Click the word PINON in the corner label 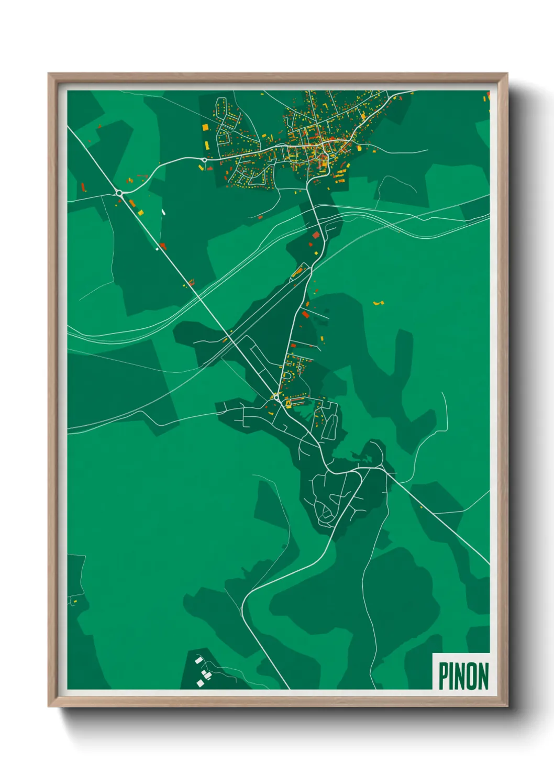(463, 676)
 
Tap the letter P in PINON (443, 676)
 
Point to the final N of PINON (483, 676)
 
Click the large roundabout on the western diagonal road (119, 193)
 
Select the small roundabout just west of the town (204, 160)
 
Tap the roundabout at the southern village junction (276, 397)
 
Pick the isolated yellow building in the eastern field (377, 303)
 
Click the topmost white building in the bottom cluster (198, 660)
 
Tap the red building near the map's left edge (83, 187)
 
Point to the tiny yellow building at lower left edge (75, 602)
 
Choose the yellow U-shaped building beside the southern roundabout (287, 403)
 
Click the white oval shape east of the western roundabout (163, 212)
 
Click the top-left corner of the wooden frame (49, 74)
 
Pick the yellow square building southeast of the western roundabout (140, 212)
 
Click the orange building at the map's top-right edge (485, 97)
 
